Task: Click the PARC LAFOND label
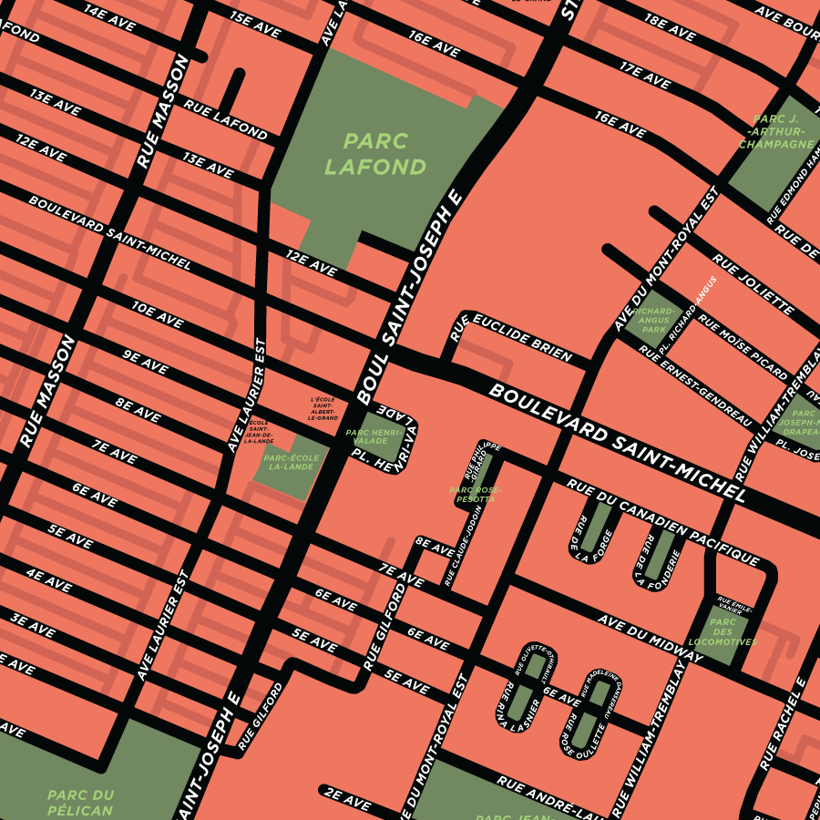[x=374, y=154]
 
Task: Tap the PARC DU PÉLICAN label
[x=80, y=802]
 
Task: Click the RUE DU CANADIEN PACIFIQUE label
[x=662, y=519]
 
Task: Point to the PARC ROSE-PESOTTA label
[x=475, y=495]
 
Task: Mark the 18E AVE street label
[x=670, y=26]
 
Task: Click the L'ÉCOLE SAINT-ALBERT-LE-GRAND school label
[x=323, y=408]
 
